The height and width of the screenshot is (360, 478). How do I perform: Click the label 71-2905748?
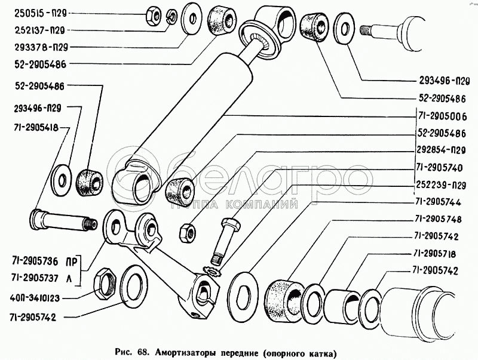(442, 219)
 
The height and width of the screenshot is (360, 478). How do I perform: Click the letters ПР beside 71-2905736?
(71, 261)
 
